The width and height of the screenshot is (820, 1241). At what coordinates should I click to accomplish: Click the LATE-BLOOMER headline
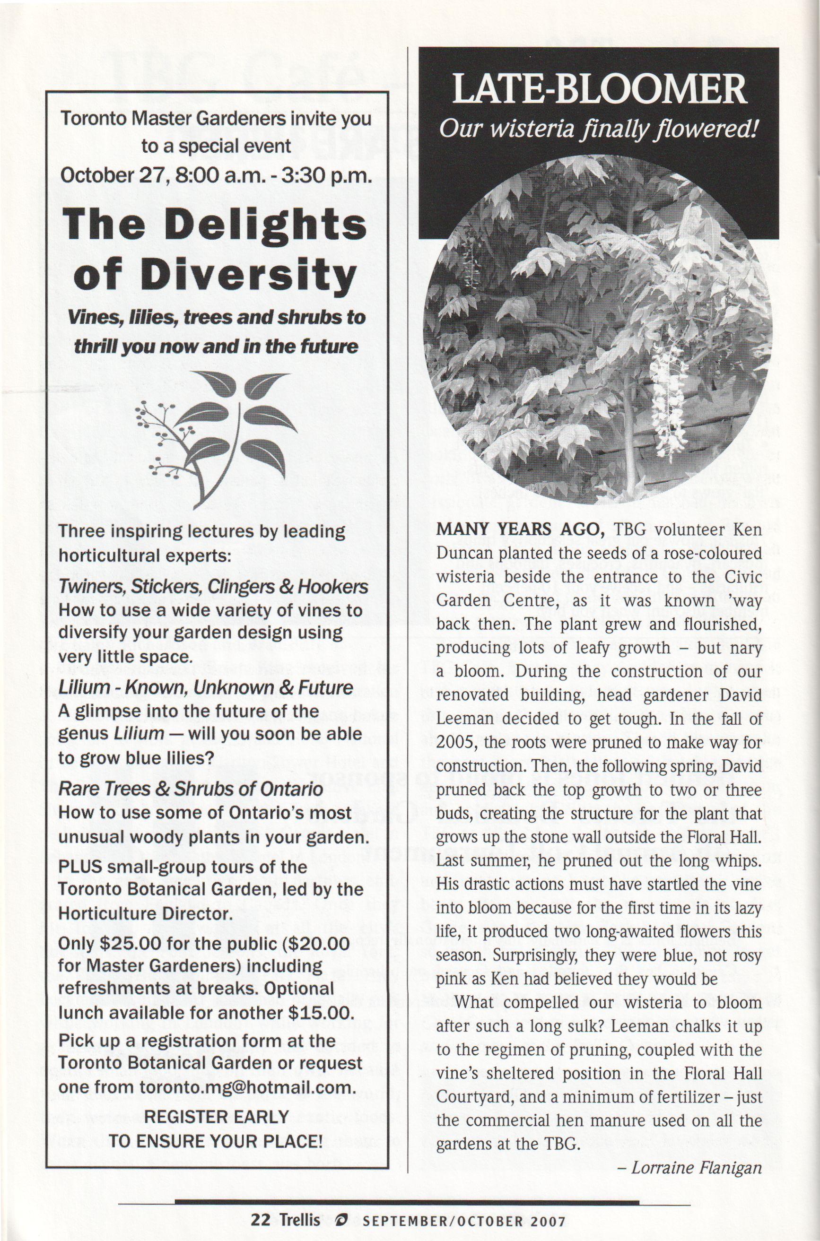(x=598, y=90)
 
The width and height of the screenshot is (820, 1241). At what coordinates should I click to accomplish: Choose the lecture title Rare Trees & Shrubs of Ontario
(x=191, y=789)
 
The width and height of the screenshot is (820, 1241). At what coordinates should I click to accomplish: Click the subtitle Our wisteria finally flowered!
(x=598, y=129)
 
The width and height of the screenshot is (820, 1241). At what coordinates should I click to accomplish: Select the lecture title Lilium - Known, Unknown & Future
(x=206, y=687)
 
